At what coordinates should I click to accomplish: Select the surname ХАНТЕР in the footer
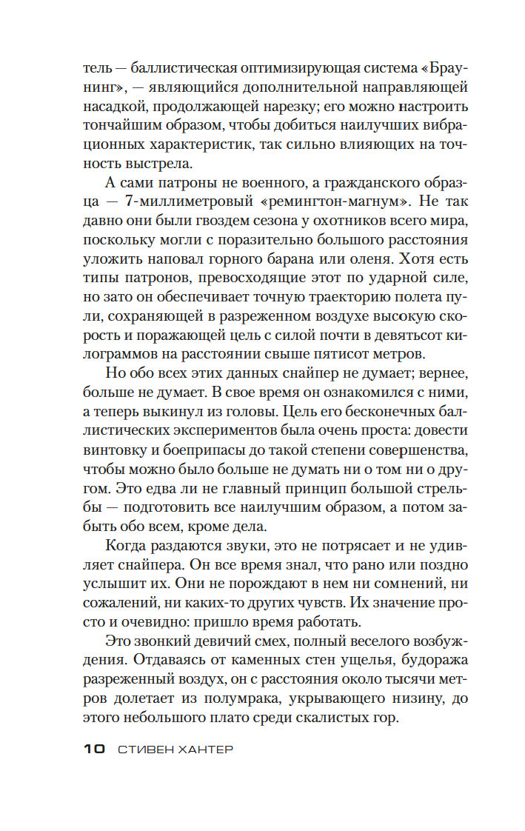point(204,750)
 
